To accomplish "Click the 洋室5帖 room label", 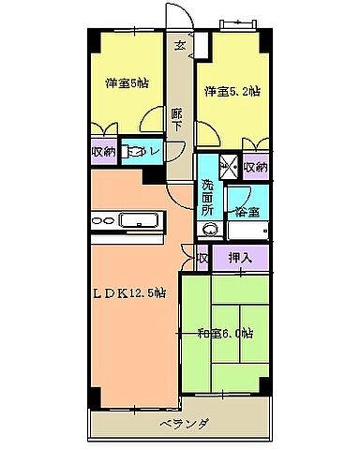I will [127, 82].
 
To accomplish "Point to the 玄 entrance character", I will [178, 44].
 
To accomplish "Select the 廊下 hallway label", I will [177, 120].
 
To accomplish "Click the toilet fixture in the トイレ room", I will [137, 150].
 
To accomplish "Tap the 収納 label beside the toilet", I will [103, 150].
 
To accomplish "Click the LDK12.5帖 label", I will [129, 293].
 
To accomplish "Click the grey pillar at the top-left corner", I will [95, 42].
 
